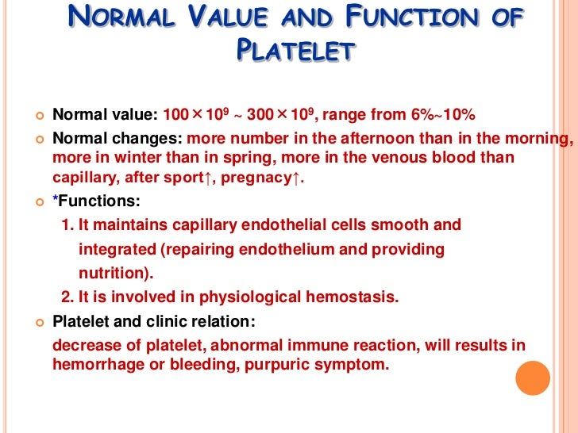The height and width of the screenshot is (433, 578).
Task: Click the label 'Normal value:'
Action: (x=105, y=115)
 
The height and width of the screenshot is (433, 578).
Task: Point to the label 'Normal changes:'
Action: (x=117, y=138)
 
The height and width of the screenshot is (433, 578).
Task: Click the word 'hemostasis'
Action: (x=351, y=297)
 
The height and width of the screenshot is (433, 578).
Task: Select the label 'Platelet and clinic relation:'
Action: (x=155, y=323)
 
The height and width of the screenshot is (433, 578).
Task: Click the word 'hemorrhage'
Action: (x=94, y=365)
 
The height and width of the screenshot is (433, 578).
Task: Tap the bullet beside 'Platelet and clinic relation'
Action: (x=37, y=323)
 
